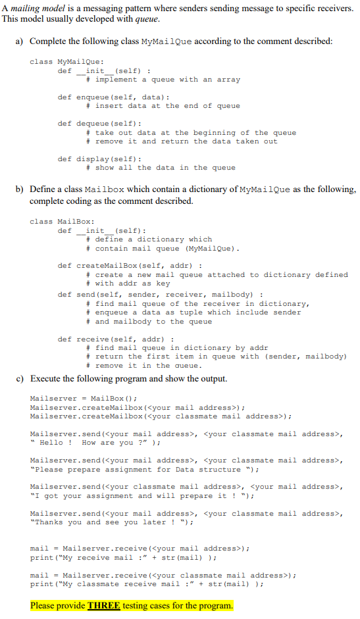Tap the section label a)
point(20,41)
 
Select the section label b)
point(20,189)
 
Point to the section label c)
point(20,378)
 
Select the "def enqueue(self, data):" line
point(104,97)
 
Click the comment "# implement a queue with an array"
point(163,80)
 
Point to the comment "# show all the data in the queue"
point(161,168)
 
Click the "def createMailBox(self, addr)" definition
point(129,266)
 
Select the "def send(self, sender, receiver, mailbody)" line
point(161,294)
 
